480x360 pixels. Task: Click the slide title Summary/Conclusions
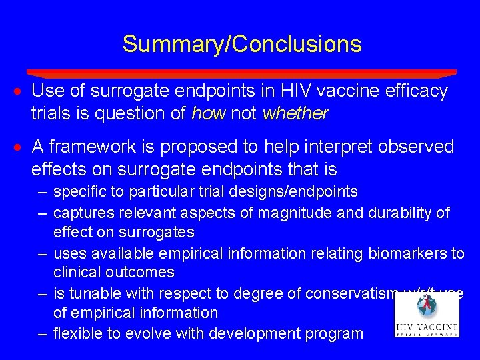(x=242, y=44)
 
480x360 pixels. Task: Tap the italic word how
(x=207, y=114)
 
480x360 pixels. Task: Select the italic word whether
(x=295, y=114)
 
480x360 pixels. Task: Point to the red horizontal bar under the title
(x=241, y=73)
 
